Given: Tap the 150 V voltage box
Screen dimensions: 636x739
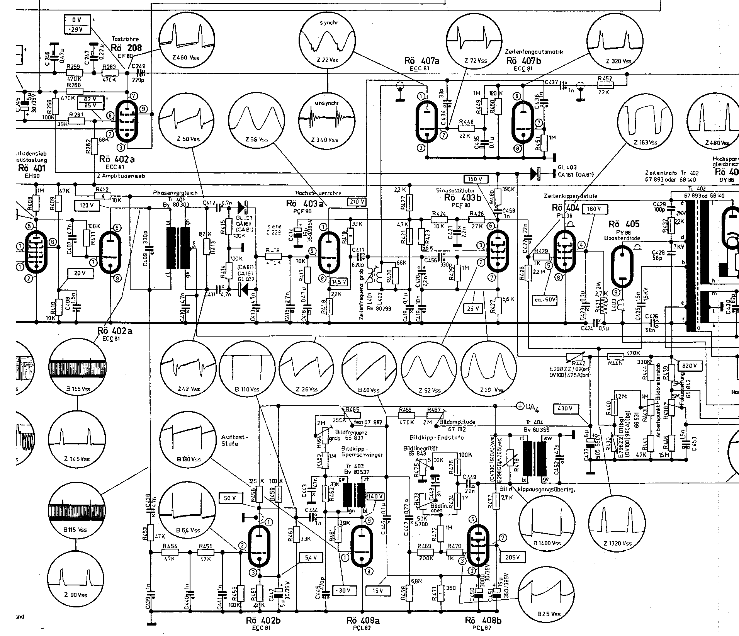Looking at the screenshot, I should click(476, 179).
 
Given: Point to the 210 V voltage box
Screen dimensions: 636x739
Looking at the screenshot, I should click(357, 201).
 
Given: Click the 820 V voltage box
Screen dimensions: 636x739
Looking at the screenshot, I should click(689, 366).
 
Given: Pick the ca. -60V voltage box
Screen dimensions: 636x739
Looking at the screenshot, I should click(545, 299).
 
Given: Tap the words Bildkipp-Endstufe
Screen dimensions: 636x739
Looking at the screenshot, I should click(437, 437).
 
